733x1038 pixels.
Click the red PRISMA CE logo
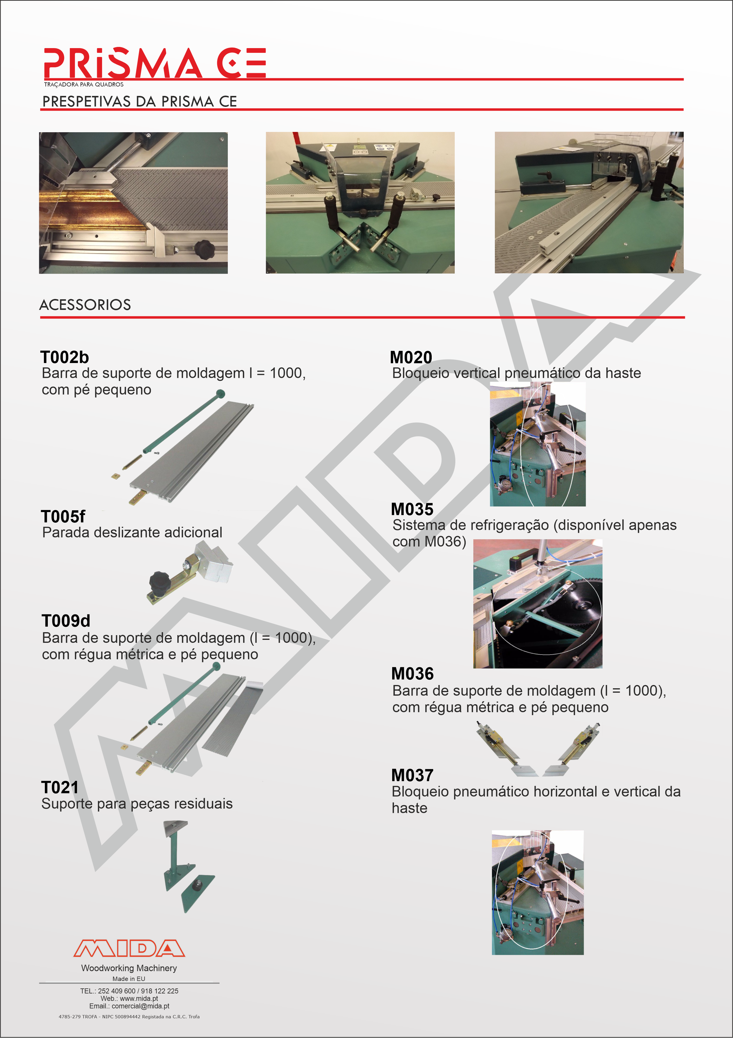tap(155, 63)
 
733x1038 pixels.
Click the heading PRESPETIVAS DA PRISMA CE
tap(140, 101)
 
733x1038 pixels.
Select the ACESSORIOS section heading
tap(85, 305)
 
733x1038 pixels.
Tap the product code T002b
tap(65, 357)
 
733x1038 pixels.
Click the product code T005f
tap(63, 516)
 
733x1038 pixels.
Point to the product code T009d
tap(66, 621)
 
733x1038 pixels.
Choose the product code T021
tap(60, 787)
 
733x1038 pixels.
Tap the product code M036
tap(413, 674)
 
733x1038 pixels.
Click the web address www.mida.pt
tap(139, 998)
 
